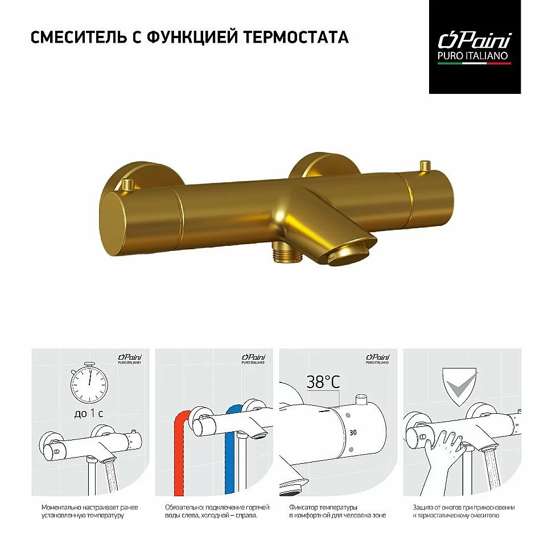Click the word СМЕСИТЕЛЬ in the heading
click(x=78, y=37)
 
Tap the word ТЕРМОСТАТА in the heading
click(x=296, y=37)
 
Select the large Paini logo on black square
click(x=474, y=47)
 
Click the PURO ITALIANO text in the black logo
click(x=472, y=56)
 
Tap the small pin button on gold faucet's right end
click(x=425, y=166)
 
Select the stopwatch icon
click(x=89, y=382)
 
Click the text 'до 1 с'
click(x=88, y=413)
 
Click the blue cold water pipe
click(x=230, y=451)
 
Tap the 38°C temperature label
click(x=323, y=382)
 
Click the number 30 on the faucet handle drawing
click(x=353, y=432)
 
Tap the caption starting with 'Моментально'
click(x=89, y=511)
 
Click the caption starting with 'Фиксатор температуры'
click(x=337, y=511)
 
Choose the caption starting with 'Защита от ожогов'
click(x=463, y=511)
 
